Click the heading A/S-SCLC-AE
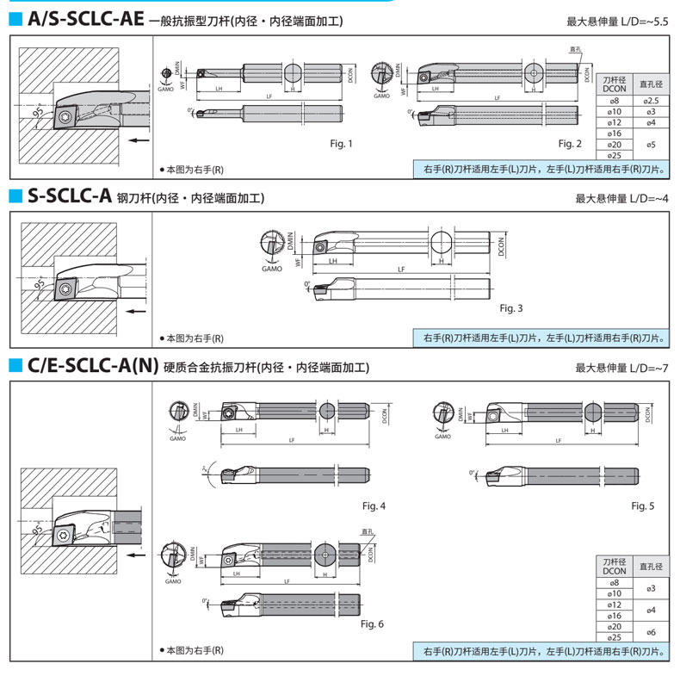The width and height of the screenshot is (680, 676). point(84,20)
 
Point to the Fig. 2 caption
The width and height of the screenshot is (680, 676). point(569,143)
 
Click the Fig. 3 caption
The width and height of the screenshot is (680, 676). point(510,307)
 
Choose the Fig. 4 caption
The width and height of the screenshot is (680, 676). point(373,505)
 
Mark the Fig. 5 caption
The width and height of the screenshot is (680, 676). point(642,505)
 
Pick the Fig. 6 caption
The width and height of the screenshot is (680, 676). point(372,623)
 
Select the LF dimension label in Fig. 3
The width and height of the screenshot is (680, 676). point(401,270)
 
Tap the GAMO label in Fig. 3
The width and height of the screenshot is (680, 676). point(272,269)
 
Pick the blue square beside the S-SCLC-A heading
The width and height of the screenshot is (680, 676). point(15,197)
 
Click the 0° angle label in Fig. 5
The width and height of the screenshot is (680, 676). point(473,473)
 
